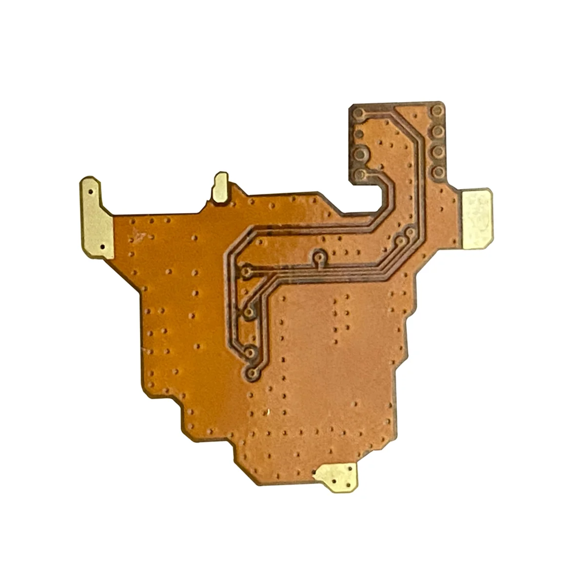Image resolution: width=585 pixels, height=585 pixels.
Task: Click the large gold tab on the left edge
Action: tap(97, 218)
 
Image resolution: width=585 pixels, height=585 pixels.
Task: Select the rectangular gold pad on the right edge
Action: tap(477, 219)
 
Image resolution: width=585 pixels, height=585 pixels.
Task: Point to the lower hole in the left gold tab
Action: tap(102, 247)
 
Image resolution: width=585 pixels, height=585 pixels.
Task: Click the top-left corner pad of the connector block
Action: tap(359, 114)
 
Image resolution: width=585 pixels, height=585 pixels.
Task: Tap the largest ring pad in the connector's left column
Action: tap(360, 154)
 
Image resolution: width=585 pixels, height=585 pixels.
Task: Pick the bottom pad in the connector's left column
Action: tap(360, 174)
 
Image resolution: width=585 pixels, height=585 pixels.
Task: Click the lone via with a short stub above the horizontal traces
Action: tap(320, 255)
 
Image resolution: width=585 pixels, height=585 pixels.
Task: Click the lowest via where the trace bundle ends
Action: tap(252, 373)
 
